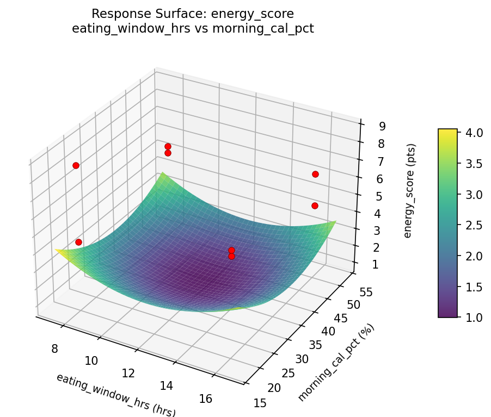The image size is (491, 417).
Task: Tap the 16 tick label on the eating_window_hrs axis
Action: (206, 399)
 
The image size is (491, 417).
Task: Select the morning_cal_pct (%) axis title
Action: (336, 363)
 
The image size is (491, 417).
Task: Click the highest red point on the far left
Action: (76, 165)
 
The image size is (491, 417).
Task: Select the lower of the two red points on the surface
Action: (231, 256)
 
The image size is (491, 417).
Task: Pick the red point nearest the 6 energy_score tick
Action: (315, 174)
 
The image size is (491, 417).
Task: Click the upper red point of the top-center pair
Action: (168, 146)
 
